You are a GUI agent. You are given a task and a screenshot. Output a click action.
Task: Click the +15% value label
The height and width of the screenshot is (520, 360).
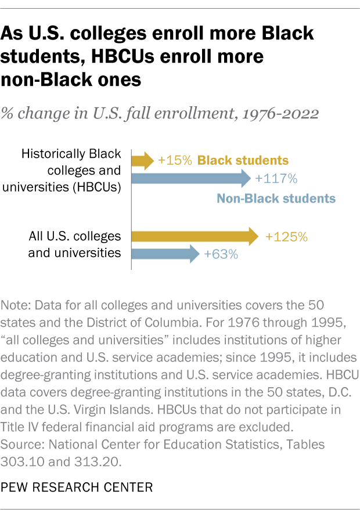tap(175, 160)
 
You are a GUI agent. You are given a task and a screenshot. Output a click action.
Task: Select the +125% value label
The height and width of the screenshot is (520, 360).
tap(286, 237)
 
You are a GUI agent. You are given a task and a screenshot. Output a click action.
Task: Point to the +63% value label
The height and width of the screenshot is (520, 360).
tap(221, 254)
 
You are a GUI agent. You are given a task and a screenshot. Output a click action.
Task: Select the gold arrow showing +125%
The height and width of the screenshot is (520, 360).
tap(195, 236)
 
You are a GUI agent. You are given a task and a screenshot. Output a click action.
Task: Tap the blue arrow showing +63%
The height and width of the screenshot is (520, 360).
tap(165, 254)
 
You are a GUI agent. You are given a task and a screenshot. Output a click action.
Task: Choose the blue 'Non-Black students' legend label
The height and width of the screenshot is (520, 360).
tap(276, 198)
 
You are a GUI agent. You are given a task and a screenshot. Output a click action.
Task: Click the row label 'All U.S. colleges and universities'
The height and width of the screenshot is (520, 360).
tap(75, 244)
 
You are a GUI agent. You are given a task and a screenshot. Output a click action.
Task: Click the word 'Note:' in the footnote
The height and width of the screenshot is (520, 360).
tap(15, 305)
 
